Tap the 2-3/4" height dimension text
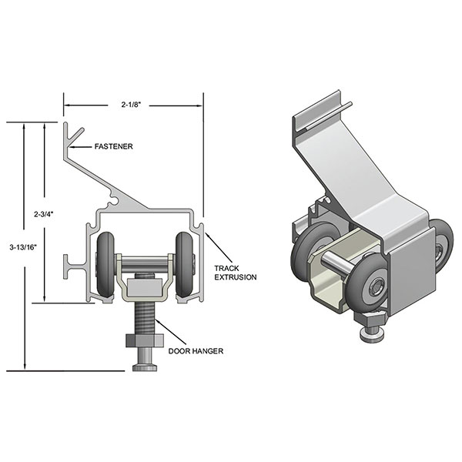(44, 209)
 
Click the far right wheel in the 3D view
(442, 246)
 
